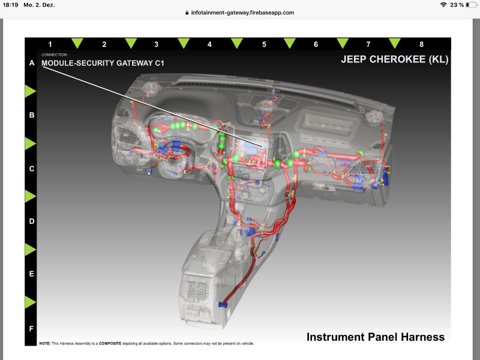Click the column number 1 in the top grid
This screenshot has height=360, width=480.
click(x=50, y=44)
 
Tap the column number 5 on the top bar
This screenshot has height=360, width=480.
click(x=264, y=44)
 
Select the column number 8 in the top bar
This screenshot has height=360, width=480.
click(x=422, y=44)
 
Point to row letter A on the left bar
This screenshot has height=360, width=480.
click(x=32, y=63)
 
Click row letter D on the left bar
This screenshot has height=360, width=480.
click(x=32, y=221)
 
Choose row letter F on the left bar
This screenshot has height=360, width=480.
click(x=31, y=328)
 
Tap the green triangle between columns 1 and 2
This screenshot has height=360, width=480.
click(x=77, y=43)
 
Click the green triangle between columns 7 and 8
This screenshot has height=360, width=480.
click(x=395, y=43)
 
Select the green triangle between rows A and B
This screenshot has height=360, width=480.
click(x=31, y=91)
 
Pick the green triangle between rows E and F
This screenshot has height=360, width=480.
click(x=31, y=302)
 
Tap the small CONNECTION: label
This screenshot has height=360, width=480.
click(x=55, y=55)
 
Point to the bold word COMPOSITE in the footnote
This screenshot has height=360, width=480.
click(x=110, y=343)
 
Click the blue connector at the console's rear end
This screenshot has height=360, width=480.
click(x=223, y=305)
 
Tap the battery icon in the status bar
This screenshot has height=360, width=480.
click(x=471, y=5)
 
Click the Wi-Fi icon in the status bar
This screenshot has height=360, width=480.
click(x=443, y=5)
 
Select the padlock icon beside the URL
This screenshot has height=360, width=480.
click(x=187, y=13)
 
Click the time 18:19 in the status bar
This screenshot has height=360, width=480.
click(x=10, y=5)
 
